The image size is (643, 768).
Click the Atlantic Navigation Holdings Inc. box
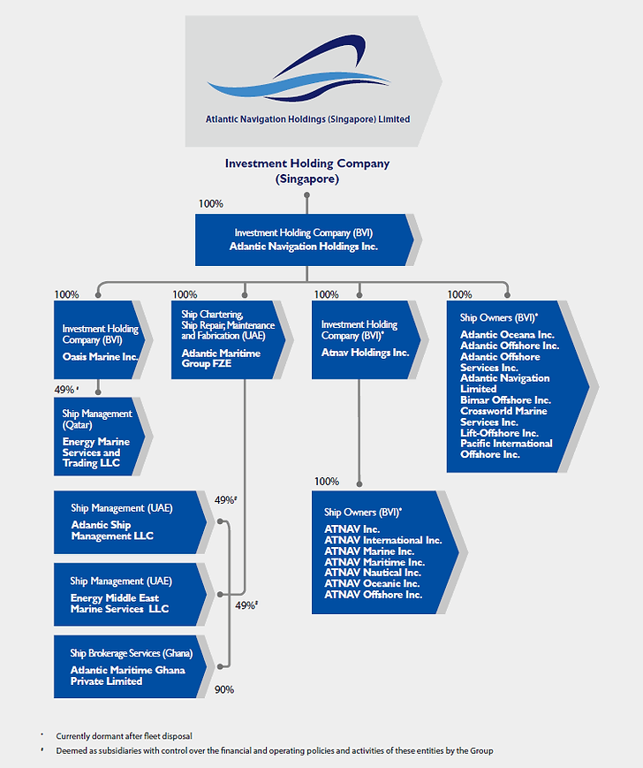point(304,240)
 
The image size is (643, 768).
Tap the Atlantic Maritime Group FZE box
point(227,340)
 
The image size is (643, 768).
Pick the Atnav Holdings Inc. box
point(365,340)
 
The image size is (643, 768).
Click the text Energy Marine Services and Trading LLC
point(95,452)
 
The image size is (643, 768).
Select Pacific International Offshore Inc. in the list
point(506,449)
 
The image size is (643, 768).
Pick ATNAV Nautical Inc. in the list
point(374,573)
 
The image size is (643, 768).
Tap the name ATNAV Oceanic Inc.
point(373,583)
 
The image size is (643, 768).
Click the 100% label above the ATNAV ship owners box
point(326,482)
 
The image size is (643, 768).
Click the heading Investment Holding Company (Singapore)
point(306,171)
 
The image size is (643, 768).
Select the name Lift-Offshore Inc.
point(499,433)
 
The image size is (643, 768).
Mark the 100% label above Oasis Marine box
point(66,294)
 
